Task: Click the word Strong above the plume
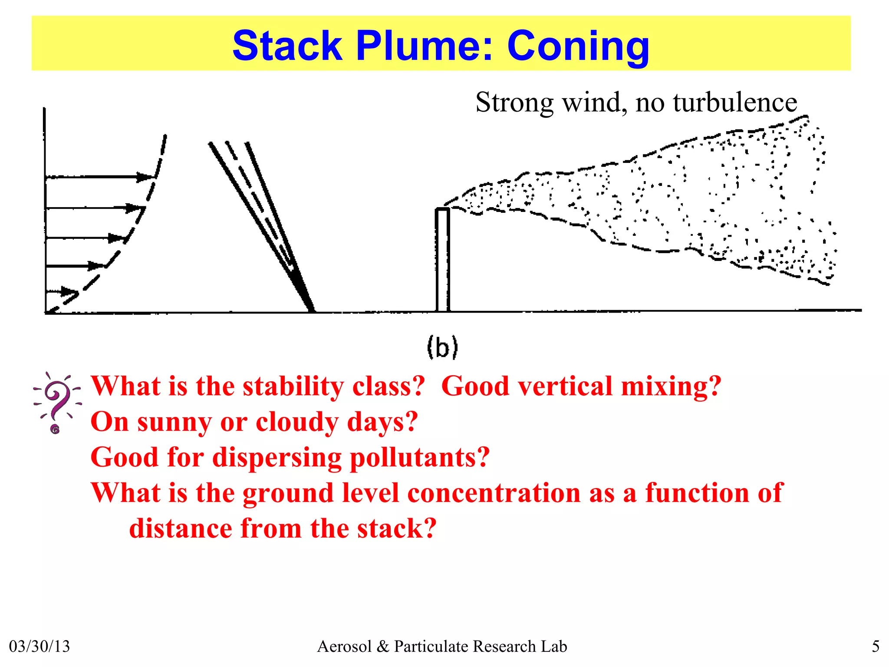pyautogui.click(x=514, y=103)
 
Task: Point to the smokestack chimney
pyautogui.click(x=442, y=260)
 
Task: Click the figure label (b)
pyautogui.click(x=442, y=347)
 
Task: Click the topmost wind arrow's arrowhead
pyautogui.click(x=145, y=177)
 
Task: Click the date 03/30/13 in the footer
pyautogui.click(x=40, y=646)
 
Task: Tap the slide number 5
pyautogui.click(x=876, y=646)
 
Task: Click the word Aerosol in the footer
pyautogui.click(x=344, y=646)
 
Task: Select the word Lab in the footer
pyautogui.click(x=554, y=646)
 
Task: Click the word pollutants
pyautogui.click(x=419, y=457)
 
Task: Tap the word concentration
pyautogui.click(x=494, y=493)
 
